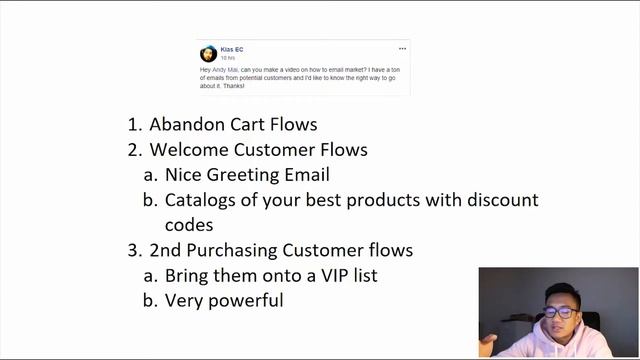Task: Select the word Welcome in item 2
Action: (x=189, y=150)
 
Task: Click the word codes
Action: (x=189, y=225)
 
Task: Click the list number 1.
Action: (x=134, y=125)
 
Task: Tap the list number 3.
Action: (x=134, y=250)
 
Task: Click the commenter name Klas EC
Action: (x=231, y=49)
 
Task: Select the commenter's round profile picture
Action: (x=208, y=53)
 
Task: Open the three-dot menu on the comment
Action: (x=402, y=49)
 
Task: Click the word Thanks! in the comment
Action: (x=232, y=85)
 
